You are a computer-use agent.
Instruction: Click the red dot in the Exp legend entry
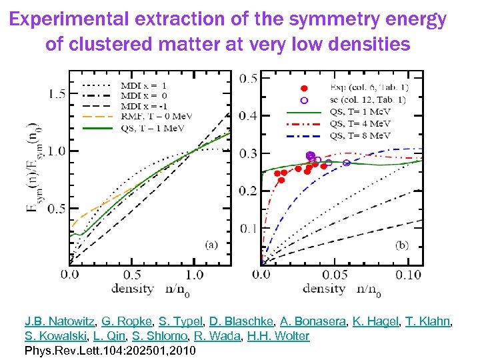304,88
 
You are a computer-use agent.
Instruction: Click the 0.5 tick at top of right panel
249,79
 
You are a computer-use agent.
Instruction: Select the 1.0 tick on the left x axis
194,274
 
